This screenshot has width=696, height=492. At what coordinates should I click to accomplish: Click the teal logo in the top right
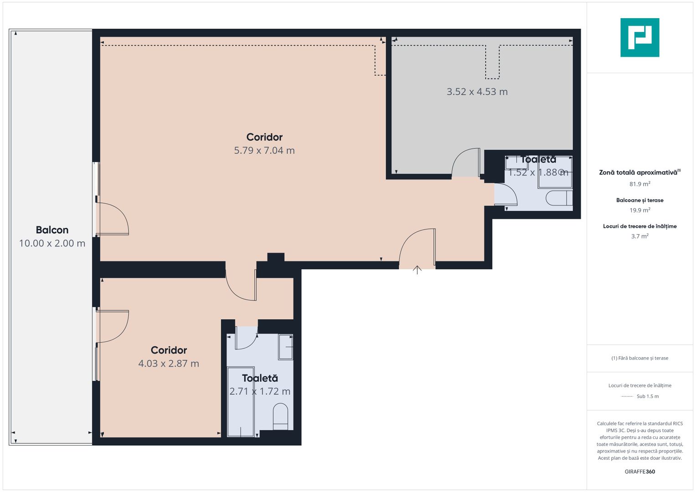click(639, 37)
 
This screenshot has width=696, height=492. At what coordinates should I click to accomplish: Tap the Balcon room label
click(52, 230)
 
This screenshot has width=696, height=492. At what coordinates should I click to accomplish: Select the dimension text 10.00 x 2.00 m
click(52, 243)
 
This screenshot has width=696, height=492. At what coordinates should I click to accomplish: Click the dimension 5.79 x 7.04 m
click(264, 150)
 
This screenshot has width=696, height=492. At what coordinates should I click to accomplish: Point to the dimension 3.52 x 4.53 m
click(477, 92)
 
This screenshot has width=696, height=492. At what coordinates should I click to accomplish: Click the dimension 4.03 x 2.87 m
click(169, 364)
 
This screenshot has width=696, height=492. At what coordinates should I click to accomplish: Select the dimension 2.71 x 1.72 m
click(260, 391)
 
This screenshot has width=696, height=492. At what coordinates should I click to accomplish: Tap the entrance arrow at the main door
click(417, 270)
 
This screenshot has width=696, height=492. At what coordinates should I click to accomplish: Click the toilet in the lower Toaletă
click(280, 416)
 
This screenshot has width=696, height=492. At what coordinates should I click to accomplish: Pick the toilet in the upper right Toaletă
click(559, 198)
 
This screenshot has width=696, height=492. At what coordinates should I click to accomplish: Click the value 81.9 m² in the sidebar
click(639, 184)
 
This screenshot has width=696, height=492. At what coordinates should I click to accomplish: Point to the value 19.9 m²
click(639, 210)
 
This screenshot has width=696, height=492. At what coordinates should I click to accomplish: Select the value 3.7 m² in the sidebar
click(639, 236)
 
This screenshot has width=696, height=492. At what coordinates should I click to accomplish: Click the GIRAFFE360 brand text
click(639, 471)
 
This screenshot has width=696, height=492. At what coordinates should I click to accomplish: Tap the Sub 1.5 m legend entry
click(647, 396)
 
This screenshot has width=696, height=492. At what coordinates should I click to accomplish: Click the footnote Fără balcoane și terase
click(639, 358)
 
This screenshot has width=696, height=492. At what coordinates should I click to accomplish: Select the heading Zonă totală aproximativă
click(638, 173)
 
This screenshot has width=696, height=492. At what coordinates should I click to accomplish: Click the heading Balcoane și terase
click(639, 200)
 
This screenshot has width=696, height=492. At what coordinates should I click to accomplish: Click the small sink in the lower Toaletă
click(285, 347)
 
